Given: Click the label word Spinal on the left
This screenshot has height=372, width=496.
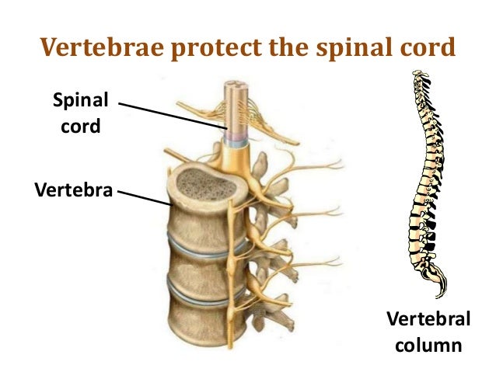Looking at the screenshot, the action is click(x=80, y=102).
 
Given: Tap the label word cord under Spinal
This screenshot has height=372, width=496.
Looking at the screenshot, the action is click(x=81, y=126).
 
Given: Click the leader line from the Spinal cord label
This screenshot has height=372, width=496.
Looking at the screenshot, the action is click(x=171, y=115).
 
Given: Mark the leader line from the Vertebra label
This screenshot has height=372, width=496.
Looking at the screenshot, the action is click(x=144, y=196).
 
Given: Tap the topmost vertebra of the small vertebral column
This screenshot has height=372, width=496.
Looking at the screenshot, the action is click(x=421, y=76).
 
